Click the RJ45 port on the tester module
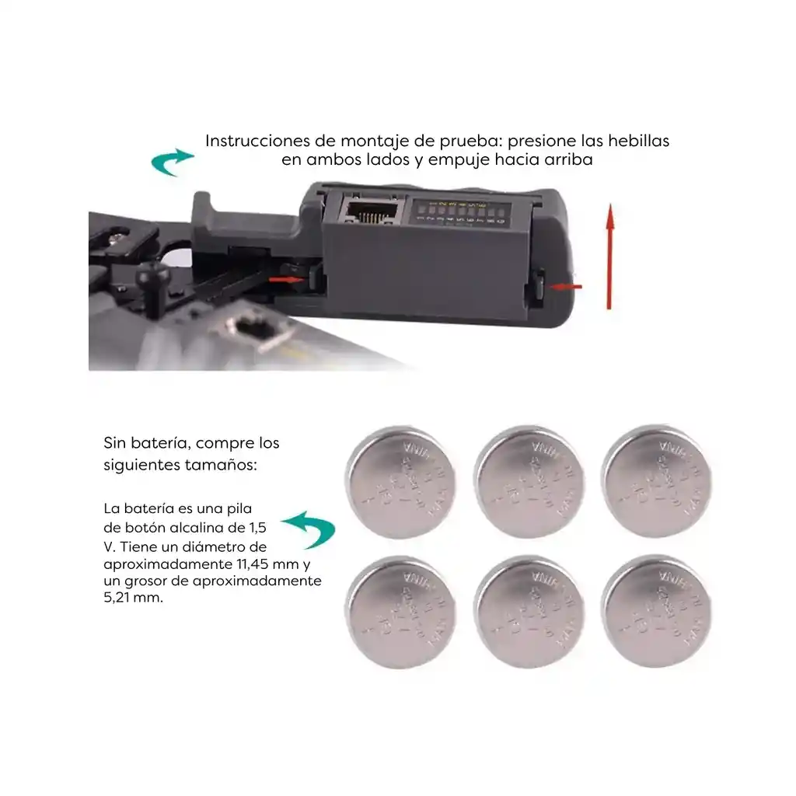[368, 213]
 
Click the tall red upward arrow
[610, 257]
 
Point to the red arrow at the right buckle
[565, 286]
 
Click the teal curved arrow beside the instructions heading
[173, 162]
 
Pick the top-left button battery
[402, 482]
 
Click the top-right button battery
[658, 482]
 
